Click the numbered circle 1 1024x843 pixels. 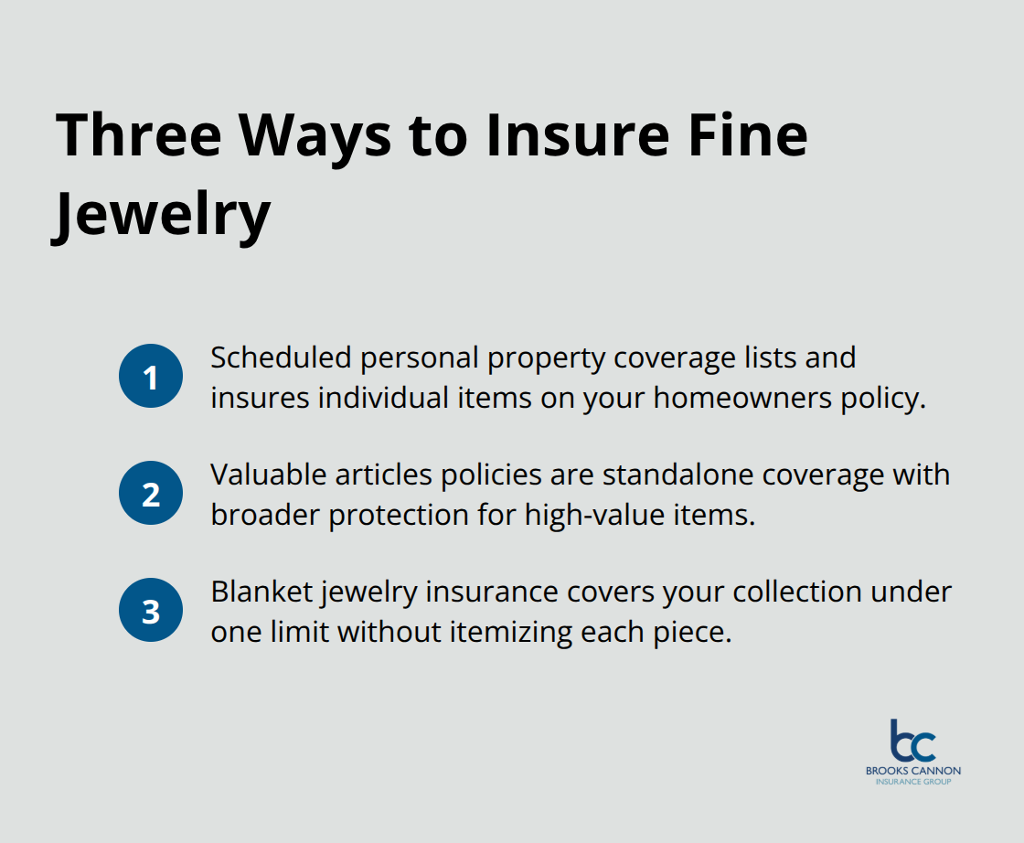151,377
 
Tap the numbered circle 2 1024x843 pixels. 151,494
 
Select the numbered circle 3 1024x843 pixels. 151,611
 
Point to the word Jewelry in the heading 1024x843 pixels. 161,214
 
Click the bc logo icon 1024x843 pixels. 912,741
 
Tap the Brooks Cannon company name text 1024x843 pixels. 912,771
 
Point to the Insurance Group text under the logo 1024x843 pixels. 912,782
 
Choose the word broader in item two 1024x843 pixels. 265,516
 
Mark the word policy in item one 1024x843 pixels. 877,399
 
